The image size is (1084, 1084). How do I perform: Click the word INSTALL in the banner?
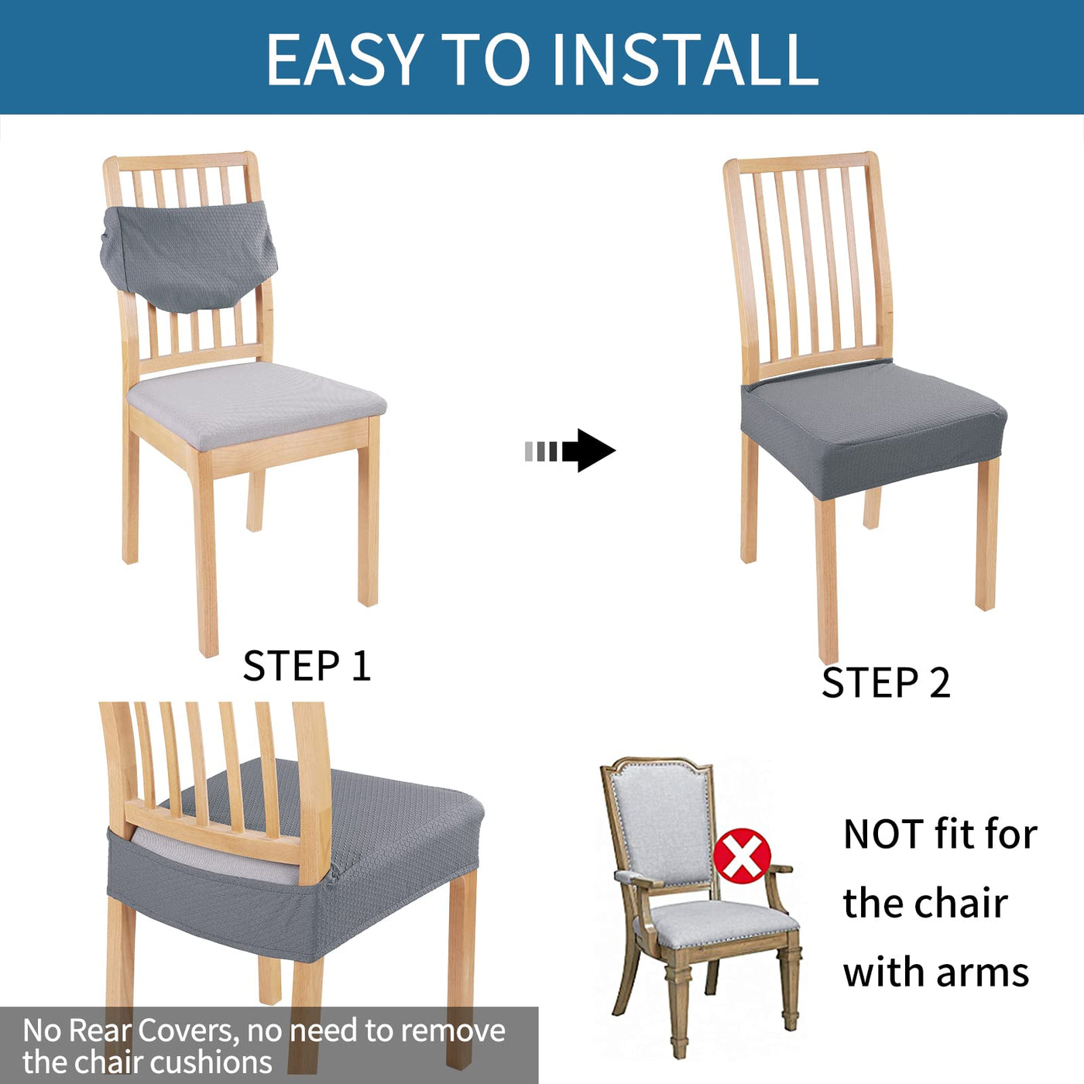pyautogui.click(x=686, y=59)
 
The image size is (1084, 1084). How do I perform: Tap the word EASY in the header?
pyautogui.click(x=345, y=59)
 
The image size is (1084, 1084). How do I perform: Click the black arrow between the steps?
pyautogui.click(x=570, y=451)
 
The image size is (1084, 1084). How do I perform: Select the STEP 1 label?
pyautogui.click(x=307, y=666)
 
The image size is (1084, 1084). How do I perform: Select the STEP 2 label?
pyautogui.click(x=886, y=683)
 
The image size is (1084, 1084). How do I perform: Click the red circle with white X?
pyautogui.click(x=742, y=856)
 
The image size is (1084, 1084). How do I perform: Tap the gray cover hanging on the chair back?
pyautogui.click(x=189, y=256)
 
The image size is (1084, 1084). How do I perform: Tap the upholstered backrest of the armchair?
pyautogui.click(x=663, y=823)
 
